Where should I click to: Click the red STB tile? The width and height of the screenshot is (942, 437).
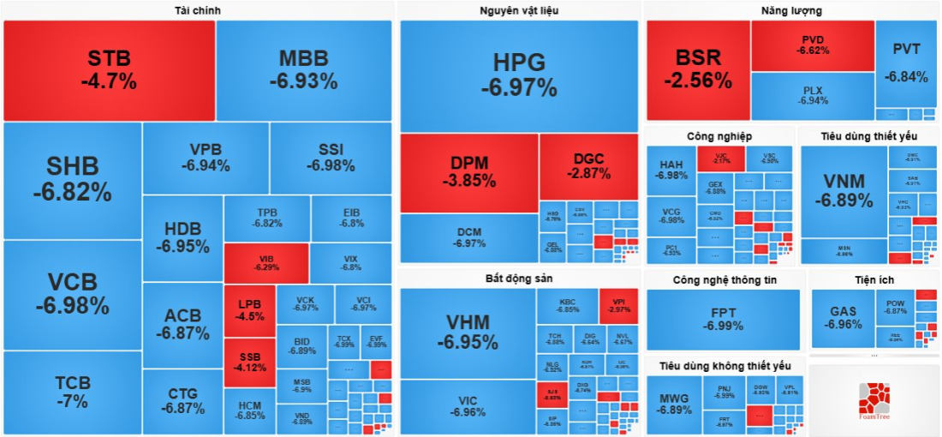(x=109, y=70)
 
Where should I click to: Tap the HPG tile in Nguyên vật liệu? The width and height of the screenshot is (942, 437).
(x=519, y=75)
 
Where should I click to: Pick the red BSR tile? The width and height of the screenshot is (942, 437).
(x=698, y=69)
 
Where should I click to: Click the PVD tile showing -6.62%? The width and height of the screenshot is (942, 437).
(x=812, y=45)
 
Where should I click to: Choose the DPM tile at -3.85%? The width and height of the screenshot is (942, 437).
(x=468, y=172)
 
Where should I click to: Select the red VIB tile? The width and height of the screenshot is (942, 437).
(x=265, y=262)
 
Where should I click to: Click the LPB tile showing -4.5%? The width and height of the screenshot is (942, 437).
(x=249, y=309)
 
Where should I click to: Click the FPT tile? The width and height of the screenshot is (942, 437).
(x=723, y=319)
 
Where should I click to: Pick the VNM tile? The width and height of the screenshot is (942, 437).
(x=844, y=190)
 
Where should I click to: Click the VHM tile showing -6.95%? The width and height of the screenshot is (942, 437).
(x=468, y=332)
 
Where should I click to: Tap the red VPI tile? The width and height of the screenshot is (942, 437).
(x=619, y=306)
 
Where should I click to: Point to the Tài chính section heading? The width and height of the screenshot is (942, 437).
(x=197, y=10)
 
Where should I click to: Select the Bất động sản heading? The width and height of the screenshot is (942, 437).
(x=519, y=279)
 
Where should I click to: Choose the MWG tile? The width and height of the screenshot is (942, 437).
(x=674, y=404)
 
